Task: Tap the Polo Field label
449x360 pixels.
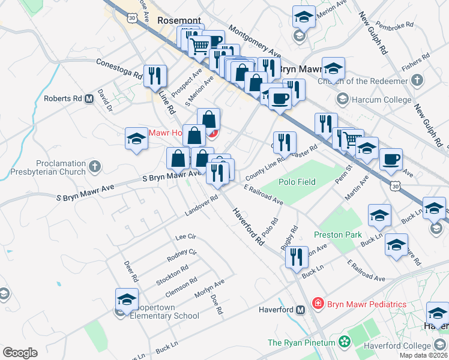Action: pos(297,181)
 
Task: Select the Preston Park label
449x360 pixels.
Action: pos(338,235)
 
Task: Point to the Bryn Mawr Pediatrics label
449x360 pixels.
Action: pos(366,304)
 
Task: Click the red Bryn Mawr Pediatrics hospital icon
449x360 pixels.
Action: pos(318,304)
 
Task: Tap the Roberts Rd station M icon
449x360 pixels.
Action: pos(89,98)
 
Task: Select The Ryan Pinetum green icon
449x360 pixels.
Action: pos(345,342)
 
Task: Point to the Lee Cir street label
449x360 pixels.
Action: pos(185,237)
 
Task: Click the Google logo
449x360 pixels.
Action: pos(20,353)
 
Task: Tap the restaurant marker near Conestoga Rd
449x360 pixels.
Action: pos(155,76)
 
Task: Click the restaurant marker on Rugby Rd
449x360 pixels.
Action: pos(297,257)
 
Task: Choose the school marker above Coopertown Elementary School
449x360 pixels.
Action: pos(127,299)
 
